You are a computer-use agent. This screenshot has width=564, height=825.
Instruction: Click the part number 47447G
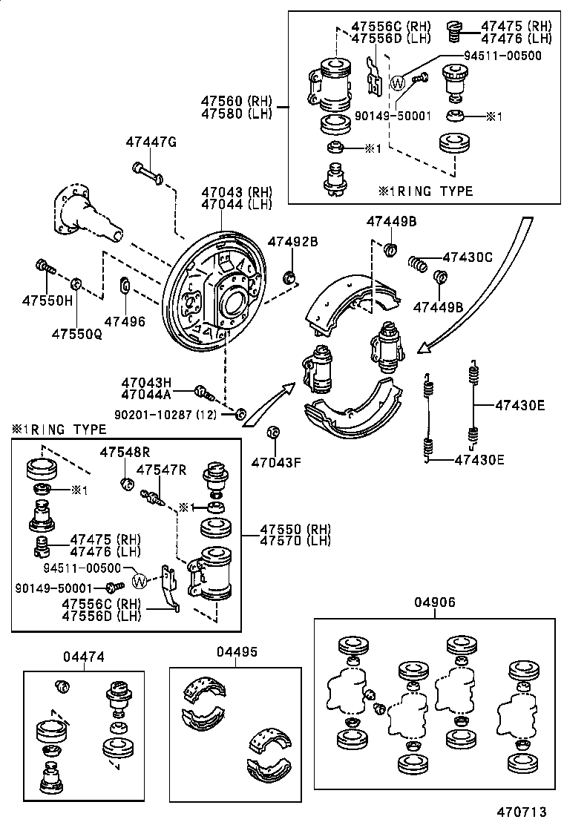point(151,142)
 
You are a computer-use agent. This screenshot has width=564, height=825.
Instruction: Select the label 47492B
point(292,241)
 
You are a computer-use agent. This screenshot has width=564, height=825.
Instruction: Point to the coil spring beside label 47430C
point(419,263)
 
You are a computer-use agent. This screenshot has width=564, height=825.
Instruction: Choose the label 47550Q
point(76,335)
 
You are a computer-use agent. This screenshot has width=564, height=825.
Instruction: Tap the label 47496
point(125,321)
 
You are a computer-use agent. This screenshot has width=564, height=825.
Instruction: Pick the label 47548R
point(125,451)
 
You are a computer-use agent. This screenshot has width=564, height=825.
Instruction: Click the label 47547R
point(161,470)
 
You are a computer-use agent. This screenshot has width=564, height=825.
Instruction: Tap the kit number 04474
point(83,657)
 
